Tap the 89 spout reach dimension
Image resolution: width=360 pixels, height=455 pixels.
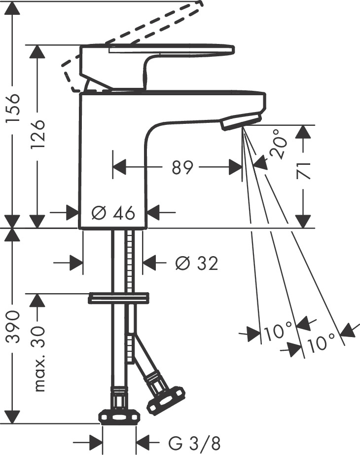tap(182, 168)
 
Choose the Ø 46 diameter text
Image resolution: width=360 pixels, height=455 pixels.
tap(113, 213)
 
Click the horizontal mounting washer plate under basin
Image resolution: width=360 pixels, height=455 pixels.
tap(118, 298)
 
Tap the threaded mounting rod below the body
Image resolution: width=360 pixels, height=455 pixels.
tap(131, 262)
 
